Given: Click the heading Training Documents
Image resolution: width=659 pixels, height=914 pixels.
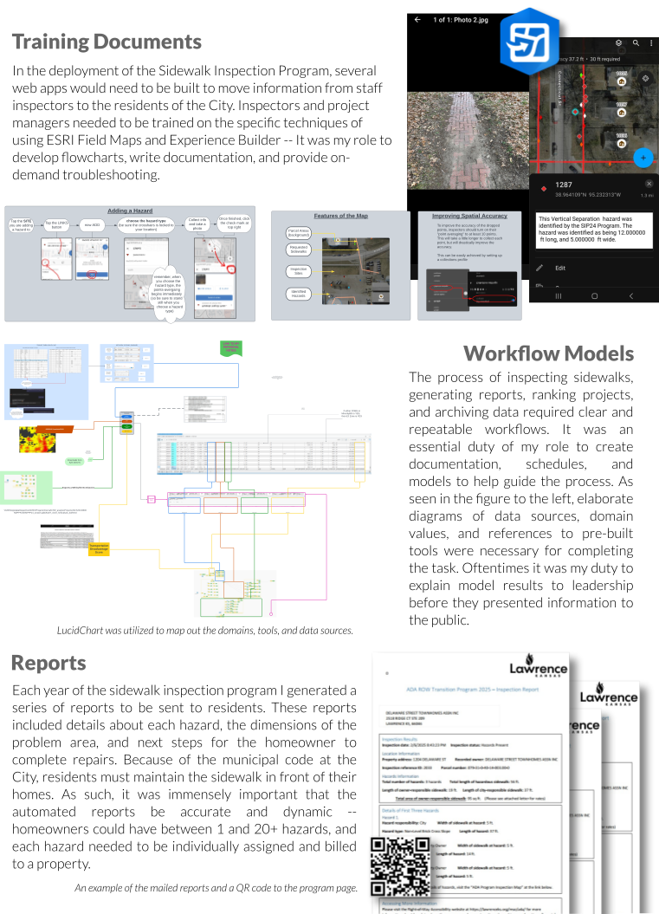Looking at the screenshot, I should (x=107, y=42).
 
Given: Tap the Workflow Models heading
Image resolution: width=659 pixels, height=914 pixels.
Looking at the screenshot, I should (x=548, y=353).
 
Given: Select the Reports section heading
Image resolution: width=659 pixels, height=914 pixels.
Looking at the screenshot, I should (x=48, y=663).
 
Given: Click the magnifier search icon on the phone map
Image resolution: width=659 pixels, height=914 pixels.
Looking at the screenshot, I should (x=636, y=42).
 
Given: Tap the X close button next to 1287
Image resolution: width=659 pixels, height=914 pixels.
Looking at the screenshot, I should (x=649, y=185).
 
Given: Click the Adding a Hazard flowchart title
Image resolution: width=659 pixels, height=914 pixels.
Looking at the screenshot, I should (x=131, y=211).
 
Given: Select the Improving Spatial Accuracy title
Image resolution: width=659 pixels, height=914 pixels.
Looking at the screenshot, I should (x=469, y=216).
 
